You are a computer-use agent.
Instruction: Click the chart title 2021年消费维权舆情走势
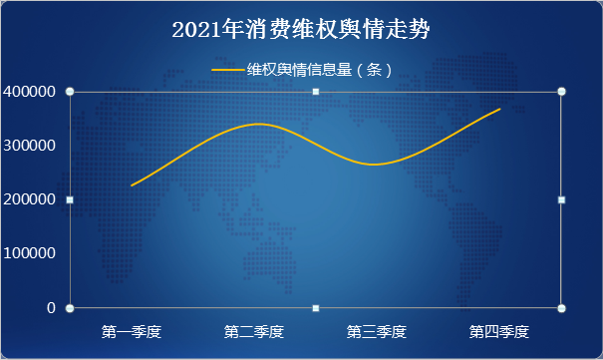pyautogui.click(x=301, y=30)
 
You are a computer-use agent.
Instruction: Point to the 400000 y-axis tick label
pyautogui.click(x=29, y=92)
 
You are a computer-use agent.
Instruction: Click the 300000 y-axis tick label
pyautogui.click(x=29, y=146)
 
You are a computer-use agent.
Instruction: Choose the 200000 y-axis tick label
pyautogui.click(x=29, y=199)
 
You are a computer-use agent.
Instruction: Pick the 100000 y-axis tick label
pyautogui.click(x=29, y=253)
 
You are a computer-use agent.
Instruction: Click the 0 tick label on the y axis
pyautogui.click(x=50, y=307)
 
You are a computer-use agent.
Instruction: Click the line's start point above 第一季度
pyautogui.click(x=132, y=185)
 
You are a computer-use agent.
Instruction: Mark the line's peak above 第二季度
pyautogui.click(x=257, y=124)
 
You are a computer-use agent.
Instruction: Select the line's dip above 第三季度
pyautogui.click(x=375, y=165)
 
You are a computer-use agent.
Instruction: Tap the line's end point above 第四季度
pyautogui.click(x=499, y=109)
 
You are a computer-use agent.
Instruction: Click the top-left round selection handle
pyautogui.click(x=70, y=92)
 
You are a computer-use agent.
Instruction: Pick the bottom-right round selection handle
pyautogui.click(x=562, y=307)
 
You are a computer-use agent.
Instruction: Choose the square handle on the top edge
pyautogui.click(x=316, y=92)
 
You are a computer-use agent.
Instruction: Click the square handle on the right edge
pyautogui.click(x=562, y=199)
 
